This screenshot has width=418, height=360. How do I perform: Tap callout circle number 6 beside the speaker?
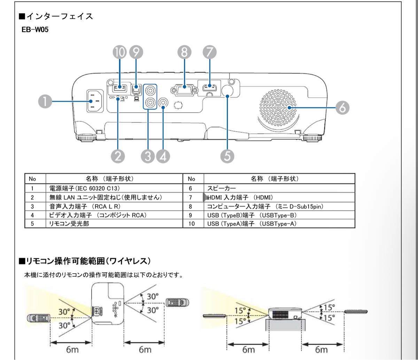342,108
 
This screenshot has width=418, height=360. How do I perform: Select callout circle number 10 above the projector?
120,53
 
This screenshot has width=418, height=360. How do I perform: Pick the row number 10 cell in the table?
191,223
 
